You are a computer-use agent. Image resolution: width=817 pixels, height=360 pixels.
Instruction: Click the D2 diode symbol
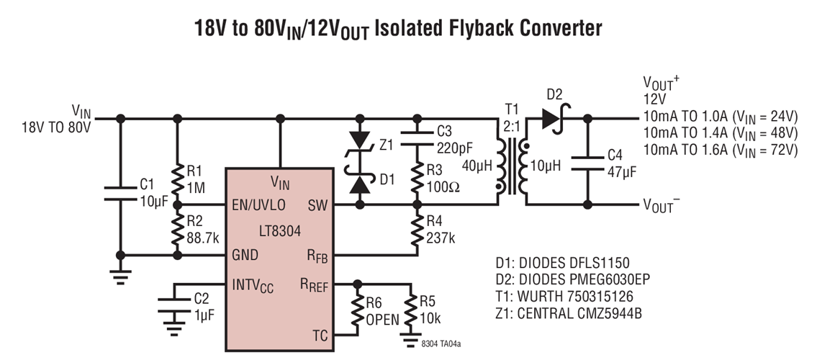click(553, 119)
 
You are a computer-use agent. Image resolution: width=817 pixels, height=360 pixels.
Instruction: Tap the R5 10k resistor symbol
click(411, 308)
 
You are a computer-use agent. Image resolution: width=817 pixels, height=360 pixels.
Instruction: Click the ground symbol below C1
click(119, 274)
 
